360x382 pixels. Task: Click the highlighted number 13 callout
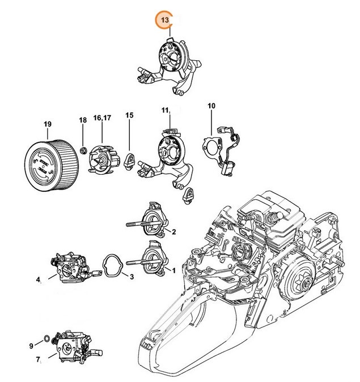coord(164,20)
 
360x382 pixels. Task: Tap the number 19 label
coord(48,124)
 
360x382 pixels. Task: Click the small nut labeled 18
coord(83,150)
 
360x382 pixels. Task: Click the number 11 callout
coord(166,109)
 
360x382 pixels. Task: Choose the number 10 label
coord(211,106)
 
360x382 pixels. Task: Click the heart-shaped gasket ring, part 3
coord(114,265)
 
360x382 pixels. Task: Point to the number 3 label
coord(132,277)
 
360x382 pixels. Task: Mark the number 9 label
coord(31,346)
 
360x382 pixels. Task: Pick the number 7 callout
coord(38,359)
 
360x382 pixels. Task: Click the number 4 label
coord(38,279)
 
